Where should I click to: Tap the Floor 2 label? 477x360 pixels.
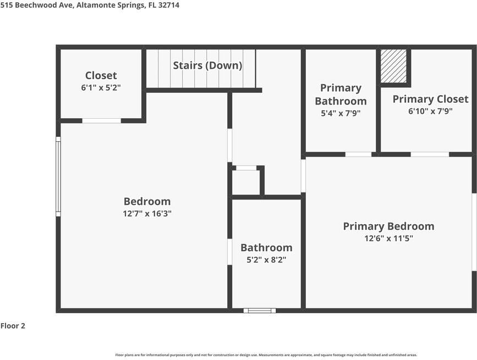click(13, 326)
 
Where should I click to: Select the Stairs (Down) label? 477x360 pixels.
click(207, 65)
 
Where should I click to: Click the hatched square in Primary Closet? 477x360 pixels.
click(394, 67)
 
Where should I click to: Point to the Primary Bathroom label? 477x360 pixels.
click(341, 94)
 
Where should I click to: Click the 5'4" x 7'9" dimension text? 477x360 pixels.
click(341, 113)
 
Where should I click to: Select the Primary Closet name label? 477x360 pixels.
click(430, 99)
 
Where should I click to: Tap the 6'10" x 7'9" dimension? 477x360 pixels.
click(430, 111)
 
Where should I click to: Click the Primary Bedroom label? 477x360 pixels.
click(388, 226)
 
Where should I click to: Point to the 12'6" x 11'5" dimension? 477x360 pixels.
click(388, 239)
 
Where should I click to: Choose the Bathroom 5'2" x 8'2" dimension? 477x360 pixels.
click(266, 259)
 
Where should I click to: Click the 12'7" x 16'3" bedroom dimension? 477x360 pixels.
click(147, 214)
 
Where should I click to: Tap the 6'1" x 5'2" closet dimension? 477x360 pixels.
click(101, 87)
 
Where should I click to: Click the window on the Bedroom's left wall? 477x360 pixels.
click(58, 176)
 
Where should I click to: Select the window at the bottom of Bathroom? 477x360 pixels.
click(260, 311)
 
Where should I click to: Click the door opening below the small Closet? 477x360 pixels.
click(101, 120)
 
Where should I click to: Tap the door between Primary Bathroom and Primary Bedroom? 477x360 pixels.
click(358, 154)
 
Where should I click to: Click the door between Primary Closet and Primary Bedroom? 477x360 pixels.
click(430, 154)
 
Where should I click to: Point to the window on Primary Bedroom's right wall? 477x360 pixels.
click(474, 232)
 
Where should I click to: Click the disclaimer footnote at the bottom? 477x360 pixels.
click(266, 355)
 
